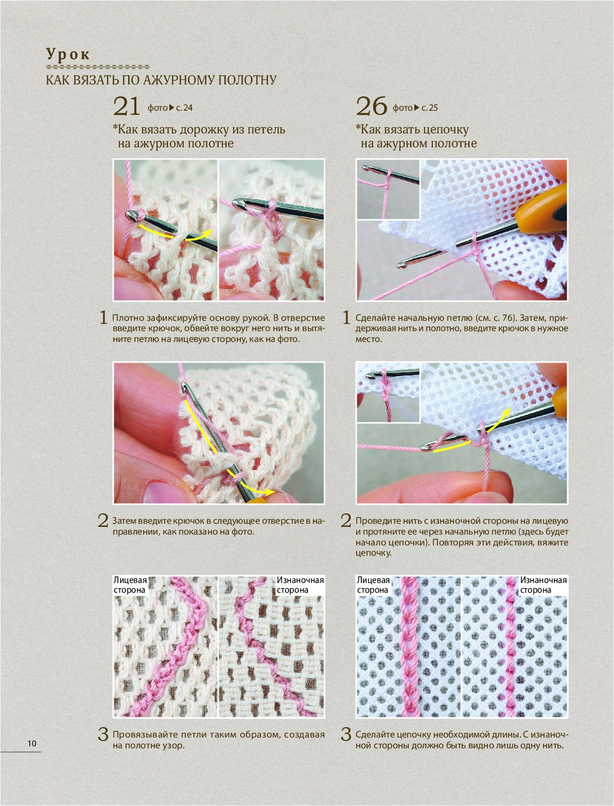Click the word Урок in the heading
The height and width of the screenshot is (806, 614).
(68, 55)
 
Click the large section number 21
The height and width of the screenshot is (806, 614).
(127, 107)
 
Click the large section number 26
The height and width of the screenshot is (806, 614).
(372, 107)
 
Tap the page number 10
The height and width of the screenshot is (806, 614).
(32, 743)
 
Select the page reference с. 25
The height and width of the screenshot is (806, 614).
(430, 108)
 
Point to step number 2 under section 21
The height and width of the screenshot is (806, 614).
(103, 521)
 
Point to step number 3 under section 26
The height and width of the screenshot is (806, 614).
(346, 734)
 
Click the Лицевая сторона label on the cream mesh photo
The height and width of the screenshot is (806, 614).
(130, 585)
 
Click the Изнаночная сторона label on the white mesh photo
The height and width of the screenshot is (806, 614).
(543, 585)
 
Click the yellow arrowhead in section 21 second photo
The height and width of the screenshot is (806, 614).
(270, 492)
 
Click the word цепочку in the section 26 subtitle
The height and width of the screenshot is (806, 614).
(446, 130)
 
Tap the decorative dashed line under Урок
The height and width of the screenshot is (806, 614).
(98, 67)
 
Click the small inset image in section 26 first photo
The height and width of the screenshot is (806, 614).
(388, 190)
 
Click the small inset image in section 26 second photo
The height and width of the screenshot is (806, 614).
(388, 393)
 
